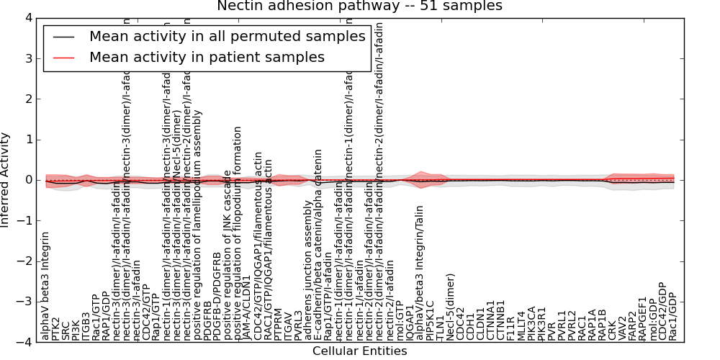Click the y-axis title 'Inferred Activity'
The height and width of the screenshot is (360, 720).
click(6, 179)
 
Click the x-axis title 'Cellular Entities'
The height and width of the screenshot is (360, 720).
click(359, 351)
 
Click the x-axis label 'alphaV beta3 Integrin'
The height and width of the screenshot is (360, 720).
click(46, 286)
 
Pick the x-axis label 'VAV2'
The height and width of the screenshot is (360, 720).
click(622, 327)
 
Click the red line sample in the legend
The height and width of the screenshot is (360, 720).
click(63, 57)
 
